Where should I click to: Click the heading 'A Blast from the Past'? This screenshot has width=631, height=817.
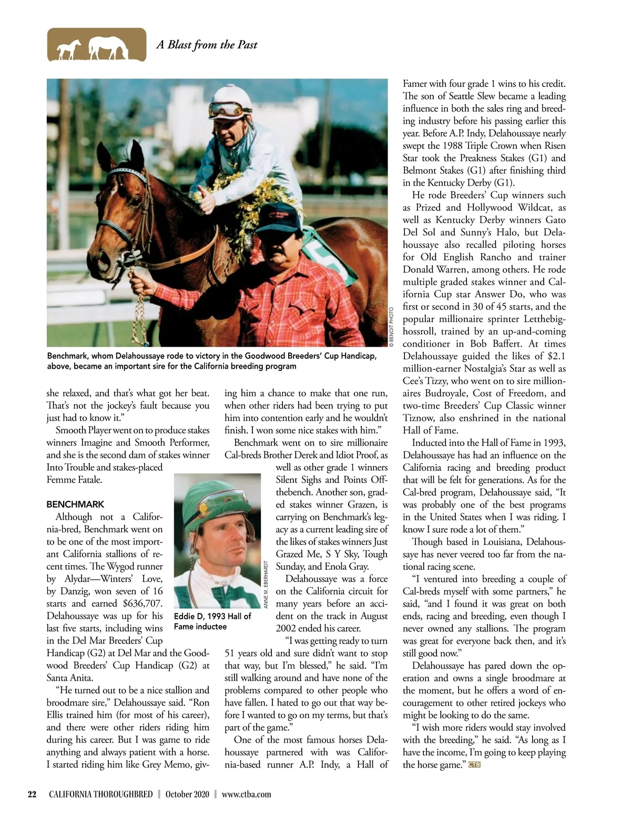207,45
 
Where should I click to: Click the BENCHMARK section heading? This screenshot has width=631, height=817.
75,504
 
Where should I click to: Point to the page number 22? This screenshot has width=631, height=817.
32,794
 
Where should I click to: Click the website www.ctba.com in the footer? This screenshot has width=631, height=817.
247,794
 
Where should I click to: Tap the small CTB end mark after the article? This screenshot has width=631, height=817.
474,764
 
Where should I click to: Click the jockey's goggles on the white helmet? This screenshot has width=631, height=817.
226,109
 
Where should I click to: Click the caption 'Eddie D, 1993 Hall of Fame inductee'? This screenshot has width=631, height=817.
212,621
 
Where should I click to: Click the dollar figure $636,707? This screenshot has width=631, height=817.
137,603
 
